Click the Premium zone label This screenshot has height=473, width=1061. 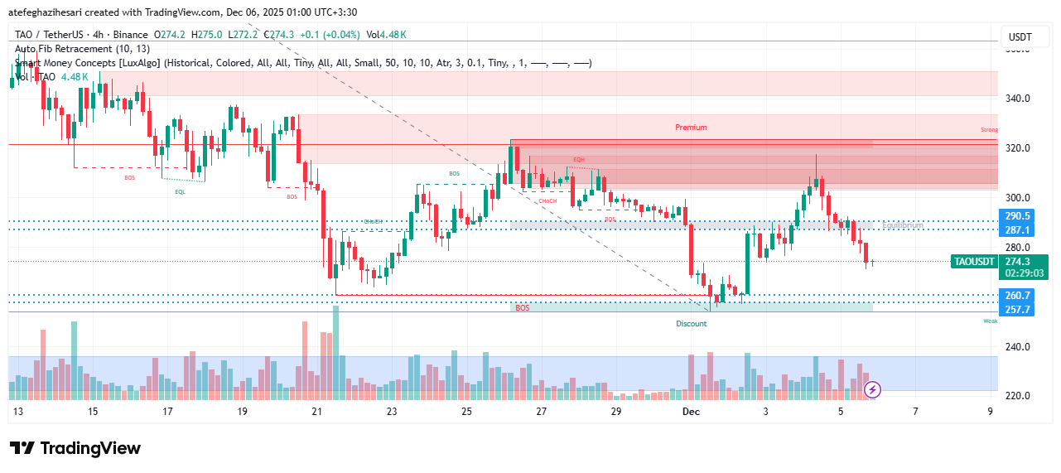691,128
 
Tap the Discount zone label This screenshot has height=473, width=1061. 691,324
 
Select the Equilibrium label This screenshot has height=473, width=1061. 902,225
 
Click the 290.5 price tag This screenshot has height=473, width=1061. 1016,216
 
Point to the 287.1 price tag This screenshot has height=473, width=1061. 1016,230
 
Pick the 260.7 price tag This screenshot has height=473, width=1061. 1016,296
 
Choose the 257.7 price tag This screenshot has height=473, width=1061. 1016,310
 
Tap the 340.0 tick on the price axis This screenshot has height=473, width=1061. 1017,99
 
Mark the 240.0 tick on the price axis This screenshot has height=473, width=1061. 1017,347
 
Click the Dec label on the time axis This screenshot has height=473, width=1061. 690,412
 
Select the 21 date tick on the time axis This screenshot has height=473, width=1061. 316,412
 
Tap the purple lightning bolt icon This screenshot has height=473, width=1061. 872,389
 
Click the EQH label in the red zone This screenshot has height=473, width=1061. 579,159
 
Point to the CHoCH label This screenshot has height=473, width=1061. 547,200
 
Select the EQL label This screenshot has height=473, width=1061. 180,191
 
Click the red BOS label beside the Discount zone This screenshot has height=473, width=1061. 522,308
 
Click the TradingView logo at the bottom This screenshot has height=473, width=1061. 75,448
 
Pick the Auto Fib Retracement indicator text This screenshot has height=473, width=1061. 82,49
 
